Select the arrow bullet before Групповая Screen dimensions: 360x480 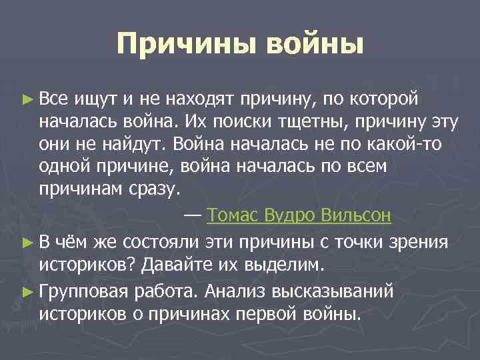coord(27,291)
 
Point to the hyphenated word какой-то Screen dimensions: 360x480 coord(415,144)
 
